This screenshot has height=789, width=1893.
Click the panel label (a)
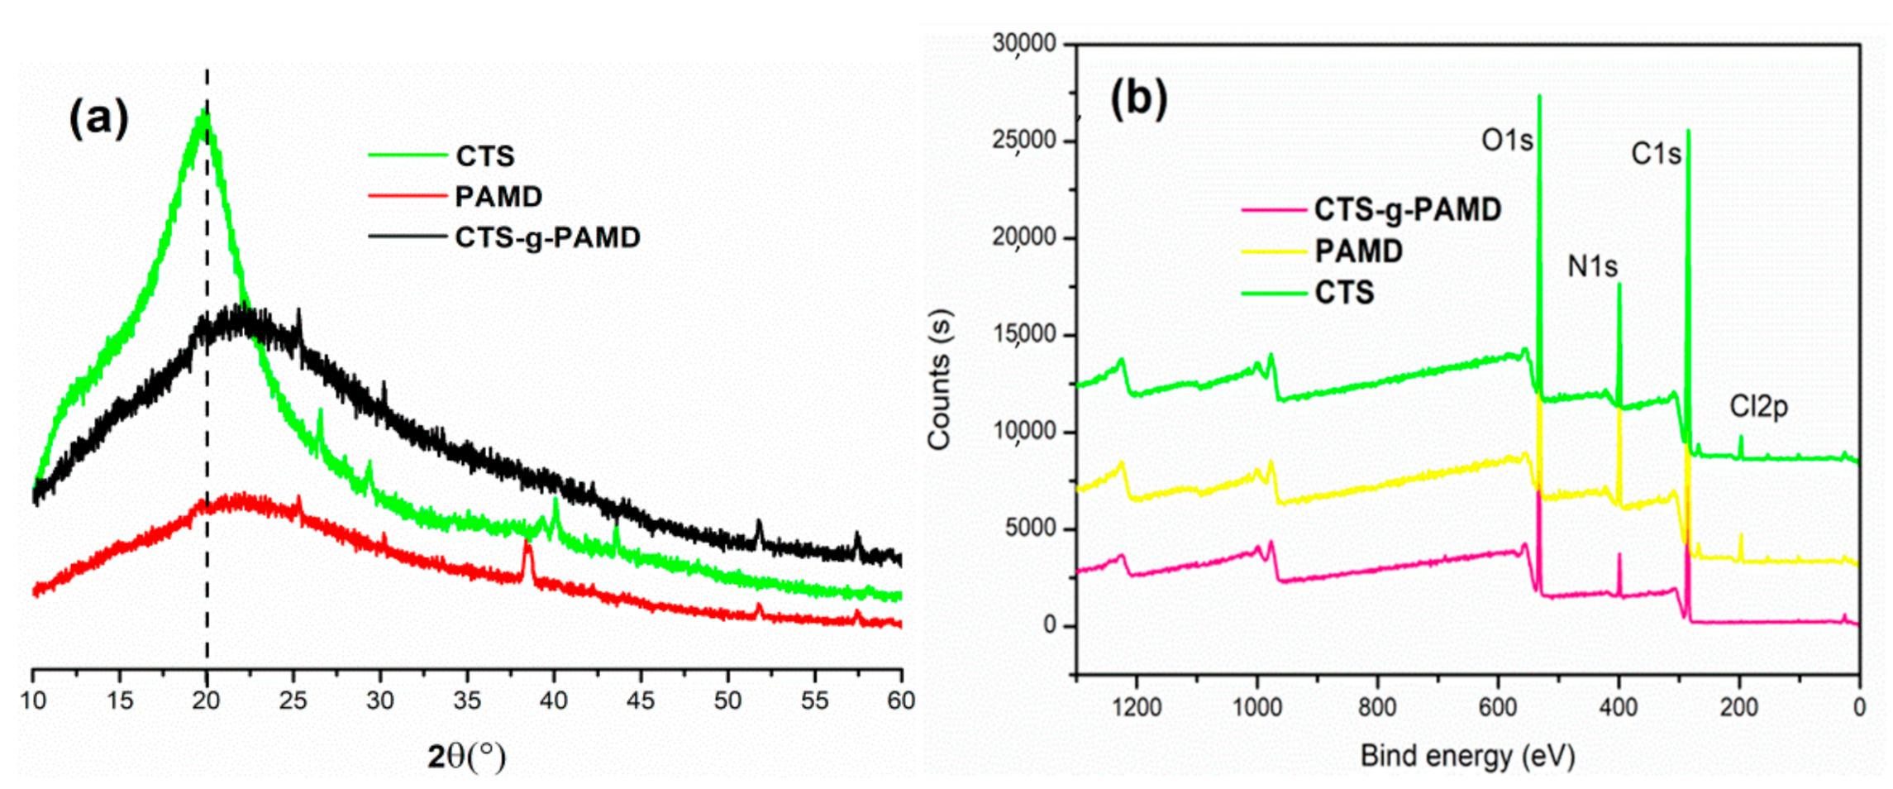[x=98, y=117]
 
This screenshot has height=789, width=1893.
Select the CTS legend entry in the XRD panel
[x=484, y=155]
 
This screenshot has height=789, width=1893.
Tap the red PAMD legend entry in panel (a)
[x=498, y=196]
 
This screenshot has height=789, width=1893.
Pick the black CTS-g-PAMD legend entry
[x=546, y=237]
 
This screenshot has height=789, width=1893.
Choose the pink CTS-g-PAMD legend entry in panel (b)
[x=1406, y=209]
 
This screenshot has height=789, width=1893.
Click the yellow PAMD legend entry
[x=1358, y=251]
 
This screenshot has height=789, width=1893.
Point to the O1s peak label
[x=1506, y=141]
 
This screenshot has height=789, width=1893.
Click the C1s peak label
[x=1655, y=154]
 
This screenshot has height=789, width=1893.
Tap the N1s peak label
[x=1592, y=266]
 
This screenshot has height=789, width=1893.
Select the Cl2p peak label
[x=1758, y=406]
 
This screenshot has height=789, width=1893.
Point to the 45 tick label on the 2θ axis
[x=640, y=701]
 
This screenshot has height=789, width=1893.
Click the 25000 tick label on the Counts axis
[x=1024, y=141]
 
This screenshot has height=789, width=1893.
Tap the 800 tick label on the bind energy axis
[x=1377, y=707]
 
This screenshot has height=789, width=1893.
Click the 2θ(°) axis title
[x=466, y=755]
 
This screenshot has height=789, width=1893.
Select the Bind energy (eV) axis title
[x=1467, y=755]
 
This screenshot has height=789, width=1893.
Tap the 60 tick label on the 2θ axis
[x=900, y=701]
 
